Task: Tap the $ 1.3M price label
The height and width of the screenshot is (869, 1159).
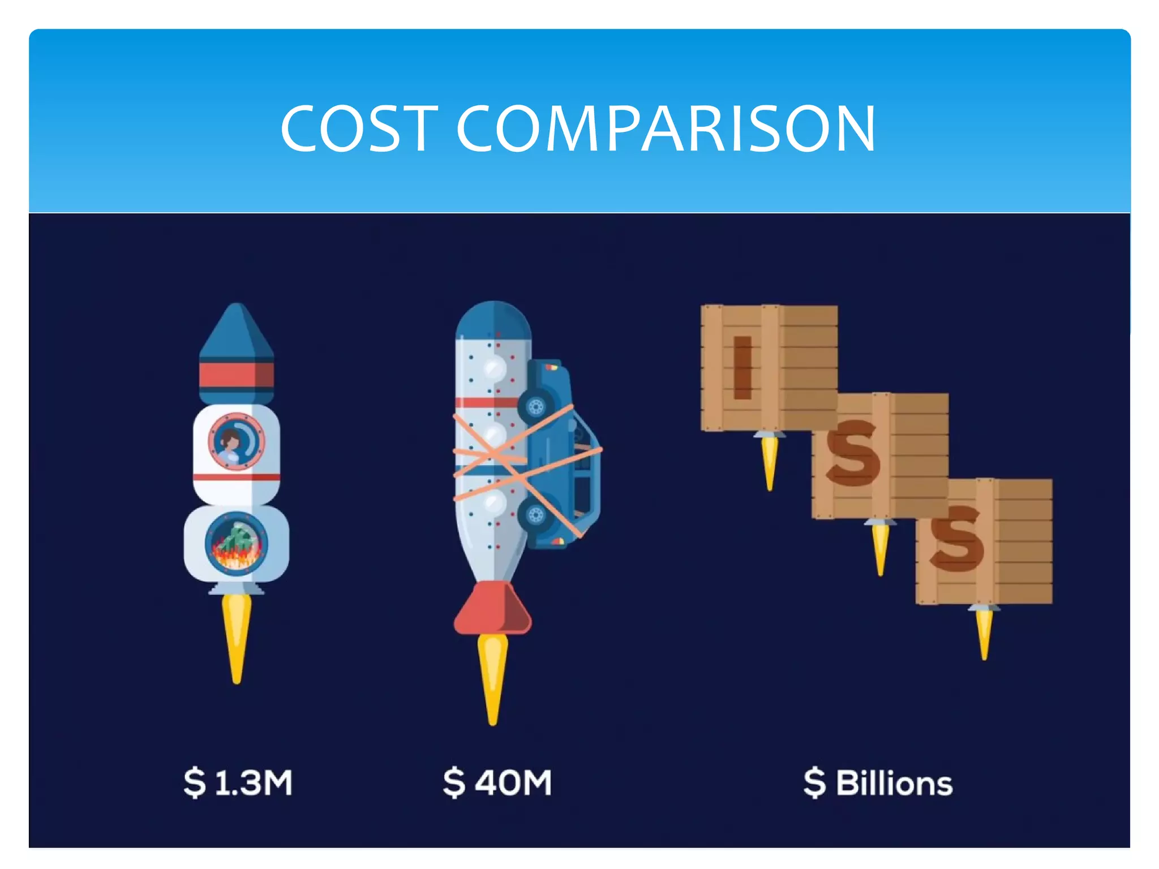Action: click(238, 782)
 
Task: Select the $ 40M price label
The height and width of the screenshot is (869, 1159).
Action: click(497, 782)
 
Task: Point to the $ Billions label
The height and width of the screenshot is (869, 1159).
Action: click(878, 783)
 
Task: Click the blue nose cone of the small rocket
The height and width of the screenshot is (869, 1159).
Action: click(237, 334)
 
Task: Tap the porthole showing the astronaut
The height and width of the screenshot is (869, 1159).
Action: click(237, 442)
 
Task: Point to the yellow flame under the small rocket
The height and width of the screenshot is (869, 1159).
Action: click(237, 634)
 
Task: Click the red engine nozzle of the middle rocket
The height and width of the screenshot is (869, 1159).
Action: click(492, 608)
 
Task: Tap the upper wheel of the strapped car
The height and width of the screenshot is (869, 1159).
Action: click(535, 406)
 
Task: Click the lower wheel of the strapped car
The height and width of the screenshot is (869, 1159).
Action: click(535, 515)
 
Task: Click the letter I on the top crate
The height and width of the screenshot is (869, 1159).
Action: click(742, 368)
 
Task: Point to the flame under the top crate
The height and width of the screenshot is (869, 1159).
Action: click(769, 461)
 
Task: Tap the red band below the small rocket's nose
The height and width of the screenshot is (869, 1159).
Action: click(237, 375)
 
